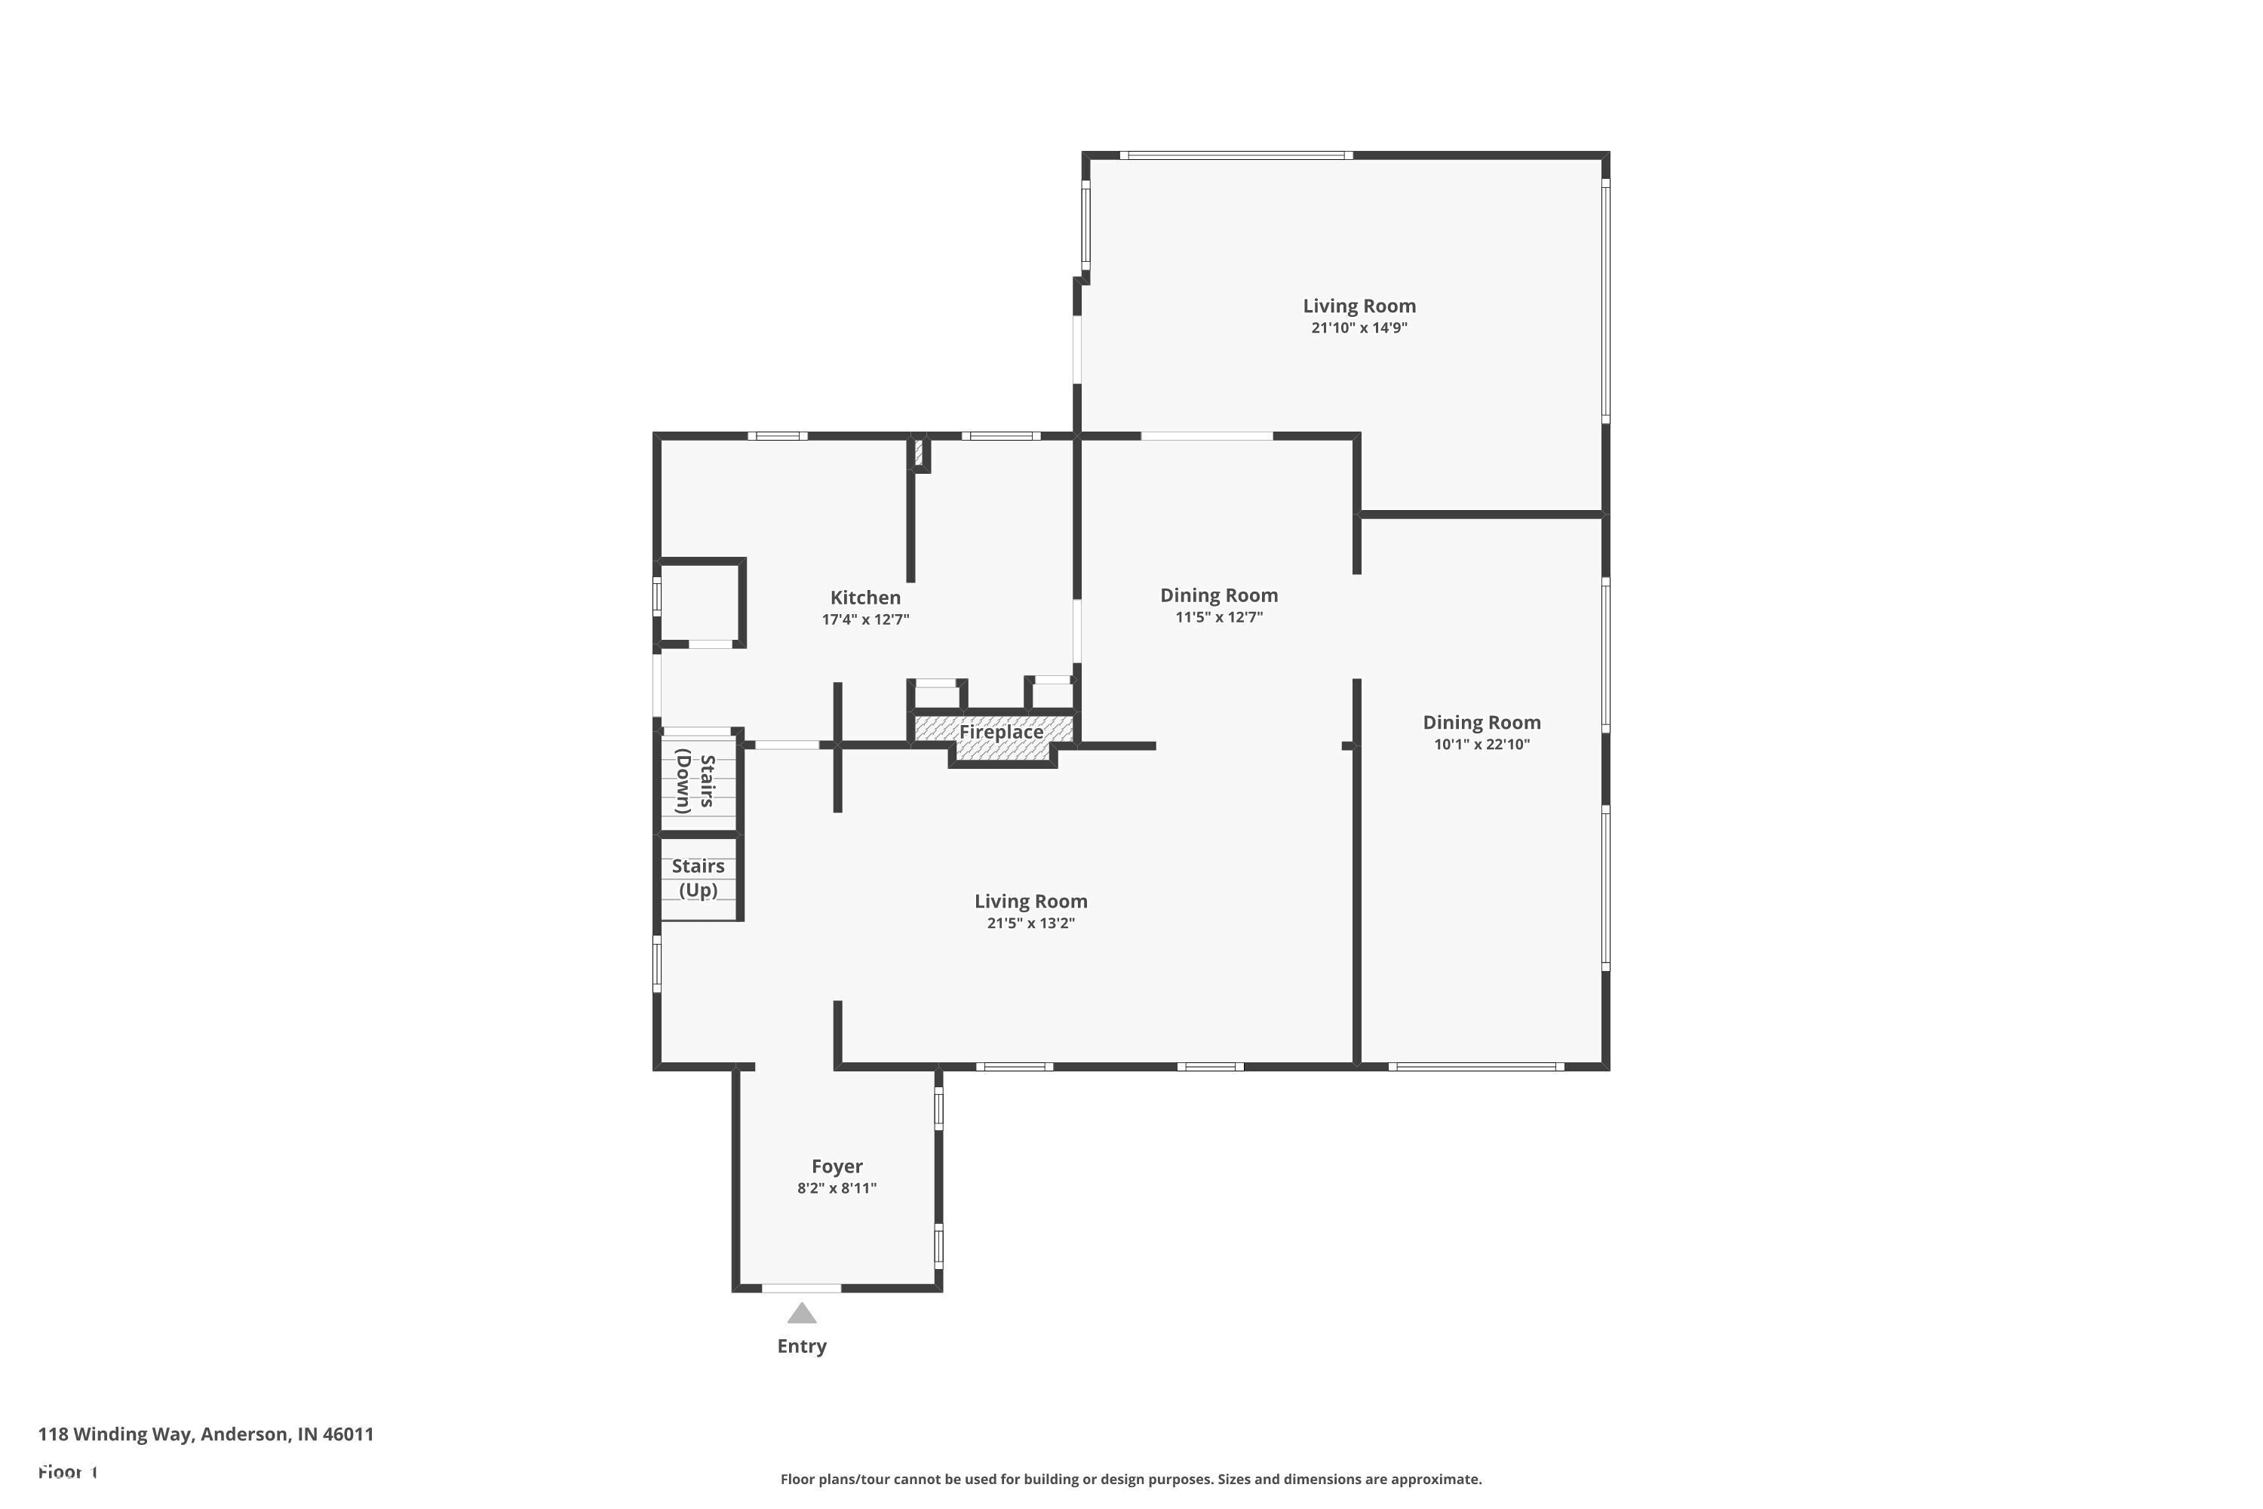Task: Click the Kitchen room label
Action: coord(865,598)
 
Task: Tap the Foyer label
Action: coord(836,1166)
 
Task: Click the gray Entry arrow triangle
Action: coord(801,1314)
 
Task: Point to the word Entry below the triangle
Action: coord(801,1346)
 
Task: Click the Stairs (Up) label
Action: coord(698,877)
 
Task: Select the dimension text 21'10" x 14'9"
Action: coord(1359,328)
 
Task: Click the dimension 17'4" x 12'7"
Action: coord(865,619)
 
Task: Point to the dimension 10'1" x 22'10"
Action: coord(1481,744)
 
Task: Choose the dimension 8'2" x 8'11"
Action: coord(836,1188)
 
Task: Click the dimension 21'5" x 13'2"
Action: coord(1030,923)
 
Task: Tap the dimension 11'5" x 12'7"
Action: coord(1218,617)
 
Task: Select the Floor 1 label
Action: coord(67,1471)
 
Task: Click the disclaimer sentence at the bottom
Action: coord(1131,1479)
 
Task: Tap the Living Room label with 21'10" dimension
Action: coord(1359,306)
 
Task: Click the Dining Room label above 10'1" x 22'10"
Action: coord(1481,722)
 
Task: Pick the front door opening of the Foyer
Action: coord(801,1288)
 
